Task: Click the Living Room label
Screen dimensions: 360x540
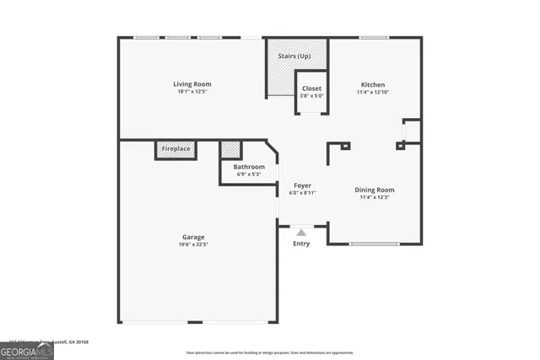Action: coord(192,84)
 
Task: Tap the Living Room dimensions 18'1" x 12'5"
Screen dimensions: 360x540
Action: coord(192,92)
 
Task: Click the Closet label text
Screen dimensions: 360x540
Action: coord(311,88)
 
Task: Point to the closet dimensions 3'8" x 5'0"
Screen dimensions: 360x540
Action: coord(311,95)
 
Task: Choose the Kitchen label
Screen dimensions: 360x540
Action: coord(373,85)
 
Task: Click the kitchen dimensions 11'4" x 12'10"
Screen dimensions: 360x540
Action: coord(373,93)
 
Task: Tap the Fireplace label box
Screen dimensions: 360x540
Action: coord(176,149)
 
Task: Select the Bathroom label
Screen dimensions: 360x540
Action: coord(249,167)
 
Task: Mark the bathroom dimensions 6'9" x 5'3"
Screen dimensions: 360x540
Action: coord(249,175)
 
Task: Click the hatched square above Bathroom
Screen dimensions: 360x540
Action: coord(230,149)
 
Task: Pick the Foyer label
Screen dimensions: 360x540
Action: coord(302,185)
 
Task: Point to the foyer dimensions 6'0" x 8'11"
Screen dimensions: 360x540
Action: coord(302,193)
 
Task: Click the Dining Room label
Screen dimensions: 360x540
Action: coord(374,190)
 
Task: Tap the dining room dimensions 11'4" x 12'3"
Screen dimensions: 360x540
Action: coord(374,197)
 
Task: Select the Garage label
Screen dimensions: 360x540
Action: coord(193,237)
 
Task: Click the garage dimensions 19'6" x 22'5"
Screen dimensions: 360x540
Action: coord(193,244)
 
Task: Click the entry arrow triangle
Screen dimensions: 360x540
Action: coord(301,231)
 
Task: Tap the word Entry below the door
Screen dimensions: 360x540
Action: coord(301,244)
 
